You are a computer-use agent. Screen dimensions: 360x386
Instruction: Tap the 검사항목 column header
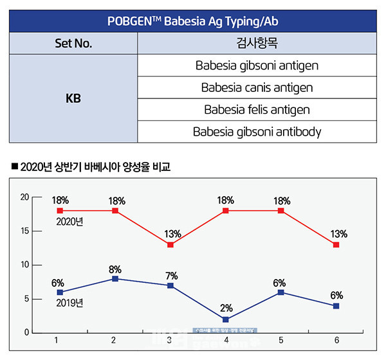257,44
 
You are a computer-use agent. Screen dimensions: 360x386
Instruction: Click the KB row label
73,99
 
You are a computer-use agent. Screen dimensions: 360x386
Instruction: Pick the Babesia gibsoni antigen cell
257,65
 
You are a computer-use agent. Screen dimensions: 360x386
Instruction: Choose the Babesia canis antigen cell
257,87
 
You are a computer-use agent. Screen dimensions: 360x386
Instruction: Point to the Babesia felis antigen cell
257,110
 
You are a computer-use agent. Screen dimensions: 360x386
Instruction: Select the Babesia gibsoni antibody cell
257,132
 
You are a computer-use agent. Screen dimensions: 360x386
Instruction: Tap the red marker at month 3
170,245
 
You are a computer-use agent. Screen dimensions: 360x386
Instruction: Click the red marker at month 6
336,245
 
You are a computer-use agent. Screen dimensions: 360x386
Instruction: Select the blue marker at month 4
226,319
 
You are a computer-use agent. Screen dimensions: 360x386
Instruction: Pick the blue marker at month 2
115,279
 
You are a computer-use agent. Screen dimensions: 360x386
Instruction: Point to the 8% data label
115,268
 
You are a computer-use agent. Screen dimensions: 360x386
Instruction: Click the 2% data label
226,307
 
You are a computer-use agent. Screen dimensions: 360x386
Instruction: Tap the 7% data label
170,274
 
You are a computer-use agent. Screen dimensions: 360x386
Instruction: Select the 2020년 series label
71,222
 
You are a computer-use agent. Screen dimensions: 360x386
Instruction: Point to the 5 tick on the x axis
280,339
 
